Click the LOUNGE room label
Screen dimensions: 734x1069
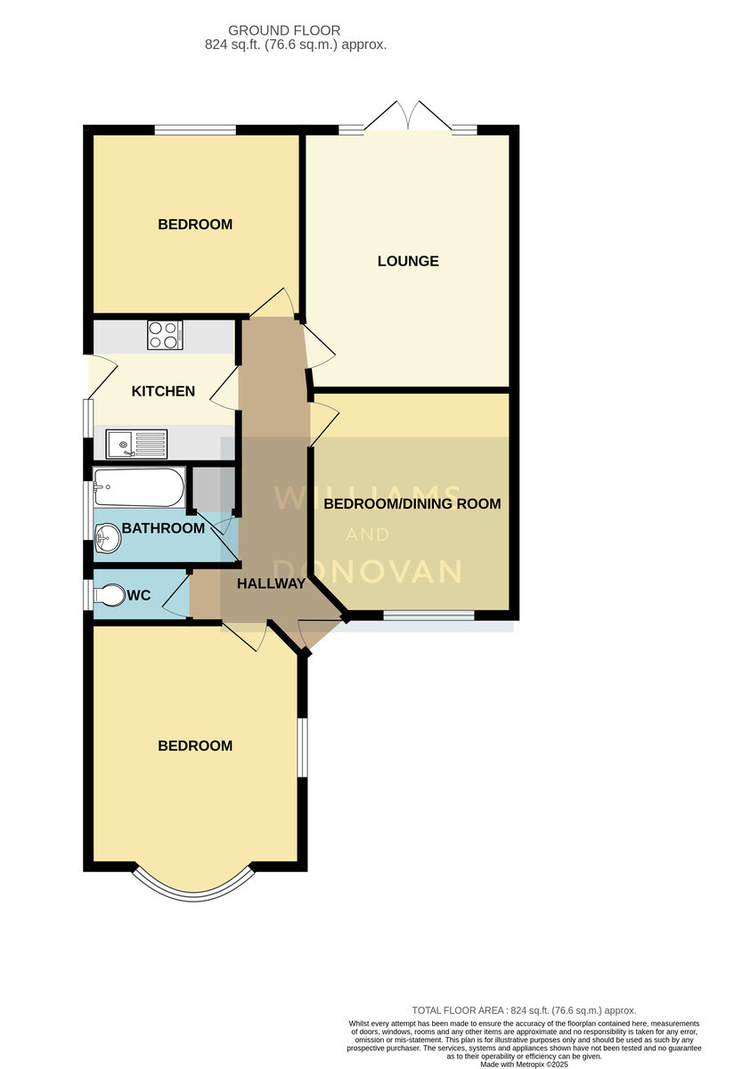click(x=408, y=261)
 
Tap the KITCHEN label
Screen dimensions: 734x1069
click(x=163, y=391)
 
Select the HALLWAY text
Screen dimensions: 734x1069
click(x=271, y=583)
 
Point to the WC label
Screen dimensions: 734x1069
click(x=139, y=595)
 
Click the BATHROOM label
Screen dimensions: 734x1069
click(x=163, y=527)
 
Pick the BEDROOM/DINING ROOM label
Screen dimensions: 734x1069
click(x=412, y=503)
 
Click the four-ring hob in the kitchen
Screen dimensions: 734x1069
click(x=165, y=335)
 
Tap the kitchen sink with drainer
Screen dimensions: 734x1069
click(x=136, y=444)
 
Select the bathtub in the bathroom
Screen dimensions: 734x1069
click(x=139, y=487)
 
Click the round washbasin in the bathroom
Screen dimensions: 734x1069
click(x=108, y=539)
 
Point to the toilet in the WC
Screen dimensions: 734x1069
click(x=110, y=595)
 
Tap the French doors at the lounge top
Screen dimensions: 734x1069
click(x=408, y=116)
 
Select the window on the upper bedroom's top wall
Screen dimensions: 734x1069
click(x=195, y=130)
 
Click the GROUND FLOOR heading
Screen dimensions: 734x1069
click(x=284, y=30)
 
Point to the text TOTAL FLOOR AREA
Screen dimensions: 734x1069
click(x=458, y=1010)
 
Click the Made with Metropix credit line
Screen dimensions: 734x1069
click(x=524, y=1065)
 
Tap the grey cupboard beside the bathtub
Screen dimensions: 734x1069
click(x=213, y=488)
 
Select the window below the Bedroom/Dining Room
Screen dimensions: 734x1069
click(x=429, y=616)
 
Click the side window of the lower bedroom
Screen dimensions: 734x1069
click(x=303, y=747)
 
